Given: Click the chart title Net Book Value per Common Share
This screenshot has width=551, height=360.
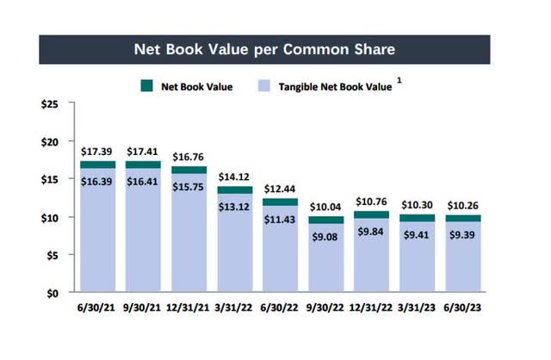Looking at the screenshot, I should click(263, 49).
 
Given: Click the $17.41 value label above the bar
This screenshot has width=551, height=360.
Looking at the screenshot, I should click(144, 152).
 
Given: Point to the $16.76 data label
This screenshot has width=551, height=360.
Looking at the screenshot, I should click(189, 157).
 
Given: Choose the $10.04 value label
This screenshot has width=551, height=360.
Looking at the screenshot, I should click(326, 208).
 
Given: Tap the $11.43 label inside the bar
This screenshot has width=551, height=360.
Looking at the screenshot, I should click(280, 217).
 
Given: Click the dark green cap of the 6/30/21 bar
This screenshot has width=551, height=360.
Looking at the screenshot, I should click(98, 164).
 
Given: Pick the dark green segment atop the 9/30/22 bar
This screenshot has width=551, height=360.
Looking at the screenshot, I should click(326, 220).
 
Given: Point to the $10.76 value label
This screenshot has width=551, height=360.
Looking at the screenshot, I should click(372, 202).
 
